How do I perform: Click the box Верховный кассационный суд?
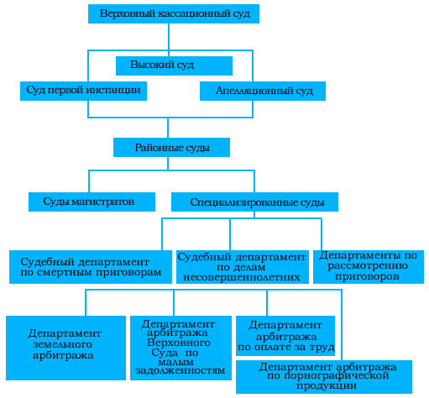point(174,13)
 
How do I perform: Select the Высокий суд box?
point(174,65)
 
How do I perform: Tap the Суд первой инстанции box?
point(83,91)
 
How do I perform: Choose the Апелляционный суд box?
point(263,91)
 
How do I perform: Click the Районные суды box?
point(171,147)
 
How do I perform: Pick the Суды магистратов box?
point(92,202)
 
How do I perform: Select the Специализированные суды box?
point(254,202)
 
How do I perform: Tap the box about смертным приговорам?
point(91,267)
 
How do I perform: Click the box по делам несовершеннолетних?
point(243,267)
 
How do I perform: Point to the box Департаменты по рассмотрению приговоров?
point(369,267)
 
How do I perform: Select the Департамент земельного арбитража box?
point(65,348)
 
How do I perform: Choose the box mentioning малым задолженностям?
point(180,348)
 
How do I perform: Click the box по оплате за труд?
point(285,336)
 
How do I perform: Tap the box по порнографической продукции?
point(324,377)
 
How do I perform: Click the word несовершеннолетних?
point(242,277)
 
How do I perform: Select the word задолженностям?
point(180,370)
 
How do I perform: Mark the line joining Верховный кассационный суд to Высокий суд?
point(169,39)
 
